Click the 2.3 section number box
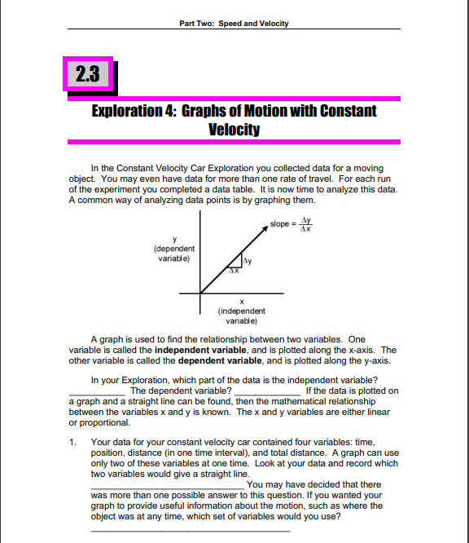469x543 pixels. (x=85, y=75)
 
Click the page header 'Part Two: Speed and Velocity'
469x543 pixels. (x=233, y=24)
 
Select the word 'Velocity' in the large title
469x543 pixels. (x=234, y=129)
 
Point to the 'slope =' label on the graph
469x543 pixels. (x=283, y=223)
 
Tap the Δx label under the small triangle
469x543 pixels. (x=232, y=271)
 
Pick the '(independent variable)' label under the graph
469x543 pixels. (x=240, y=316)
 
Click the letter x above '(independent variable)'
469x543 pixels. (x=240, y=302)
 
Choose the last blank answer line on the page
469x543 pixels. (x=190, y=530)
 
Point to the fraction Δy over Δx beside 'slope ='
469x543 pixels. (x=306, y=223)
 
